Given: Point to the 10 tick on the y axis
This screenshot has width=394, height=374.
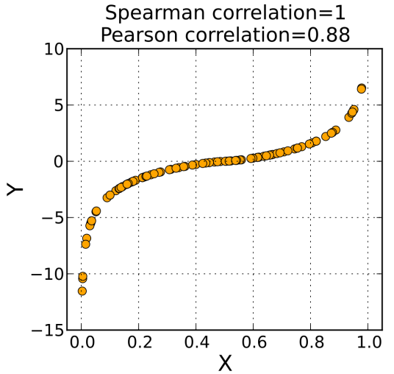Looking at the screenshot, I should (x=51, y=49).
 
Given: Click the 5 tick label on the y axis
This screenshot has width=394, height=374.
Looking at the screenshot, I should (x=56, y=105).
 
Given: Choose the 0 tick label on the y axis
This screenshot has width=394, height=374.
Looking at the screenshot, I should (x=56, y=161).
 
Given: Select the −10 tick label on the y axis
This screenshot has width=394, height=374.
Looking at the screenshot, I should (x=46, y=274).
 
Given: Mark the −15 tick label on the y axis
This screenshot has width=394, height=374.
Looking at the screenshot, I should (x=46, y=330).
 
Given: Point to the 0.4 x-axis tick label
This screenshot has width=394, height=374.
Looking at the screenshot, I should (x=196, y=342).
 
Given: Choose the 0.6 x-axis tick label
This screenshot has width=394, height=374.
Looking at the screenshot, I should (x=253, y=342).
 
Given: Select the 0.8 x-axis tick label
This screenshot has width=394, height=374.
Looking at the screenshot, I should (x=309, y=342).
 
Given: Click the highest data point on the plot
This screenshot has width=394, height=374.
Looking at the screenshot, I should (x=361, y=88).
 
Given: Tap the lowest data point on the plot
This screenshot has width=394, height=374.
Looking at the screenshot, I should (x=82, y=291).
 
